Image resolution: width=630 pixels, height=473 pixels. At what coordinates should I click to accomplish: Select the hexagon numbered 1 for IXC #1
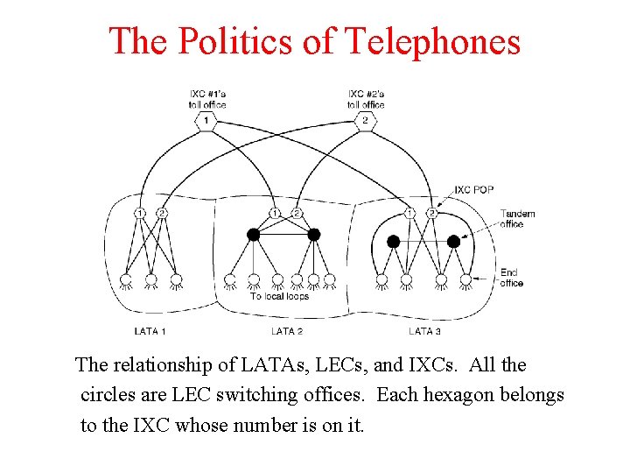point(206,120)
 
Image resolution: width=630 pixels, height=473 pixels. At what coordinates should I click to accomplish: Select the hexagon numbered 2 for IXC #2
point(366,120)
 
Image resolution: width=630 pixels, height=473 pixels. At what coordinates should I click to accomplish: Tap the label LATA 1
point(150,331)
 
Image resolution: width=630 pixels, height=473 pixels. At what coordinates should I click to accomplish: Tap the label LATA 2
point(287,331)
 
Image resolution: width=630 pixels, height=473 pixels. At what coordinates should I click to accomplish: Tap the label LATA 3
point(424,331)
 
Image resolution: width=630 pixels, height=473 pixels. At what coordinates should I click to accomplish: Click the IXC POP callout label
point(474,190)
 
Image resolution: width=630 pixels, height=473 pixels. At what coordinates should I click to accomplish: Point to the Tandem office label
point(517,219)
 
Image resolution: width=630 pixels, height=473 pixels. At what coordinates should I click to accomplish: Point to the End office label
point(512,278)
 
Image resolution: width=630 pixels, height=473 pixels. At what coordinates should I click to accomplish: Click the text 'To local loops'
point(279,296)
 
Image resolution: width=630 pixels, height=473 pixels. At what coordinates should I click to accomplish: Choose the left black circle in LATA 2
point(254,234)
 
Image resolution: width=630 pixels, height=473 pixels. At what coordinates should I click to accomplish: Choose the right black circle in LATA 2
point(314,234)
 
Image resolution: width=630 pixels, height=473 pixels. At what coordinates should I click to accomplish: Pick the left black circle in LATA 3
point(393,241)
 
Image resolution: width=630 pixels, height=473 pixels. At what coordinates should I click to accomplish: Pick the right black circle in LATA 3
point(453,241)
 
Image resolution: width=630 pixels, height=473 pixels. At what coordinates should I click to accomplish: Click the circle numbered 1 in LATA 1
point(140,213)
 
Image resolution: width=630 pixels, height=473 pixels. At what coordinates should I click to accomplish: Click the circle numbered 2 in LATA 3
point(431,213)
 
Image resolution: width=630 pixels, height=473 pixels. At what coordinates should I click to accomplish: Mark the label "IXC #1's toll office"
point(206,99)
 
